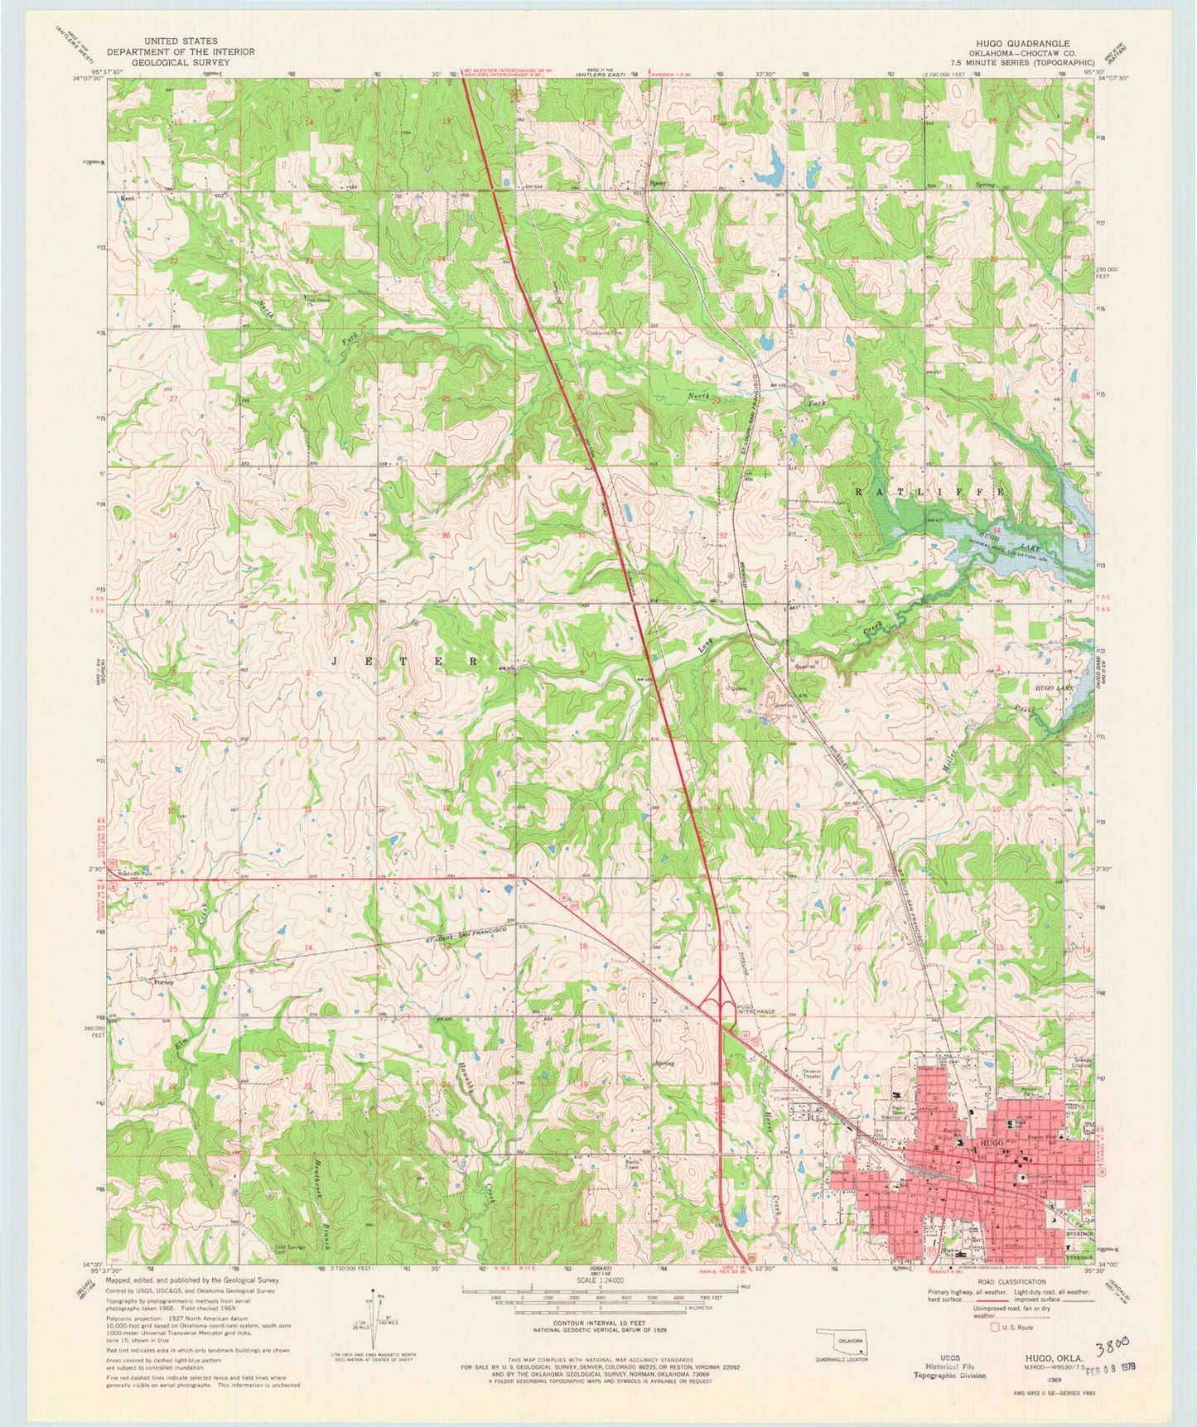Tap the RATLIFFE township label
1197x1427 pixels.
click(929, 491)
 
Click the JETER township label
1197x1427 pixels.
click(405, 661)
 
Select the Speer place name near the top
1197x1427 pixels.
click(658, 183)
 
